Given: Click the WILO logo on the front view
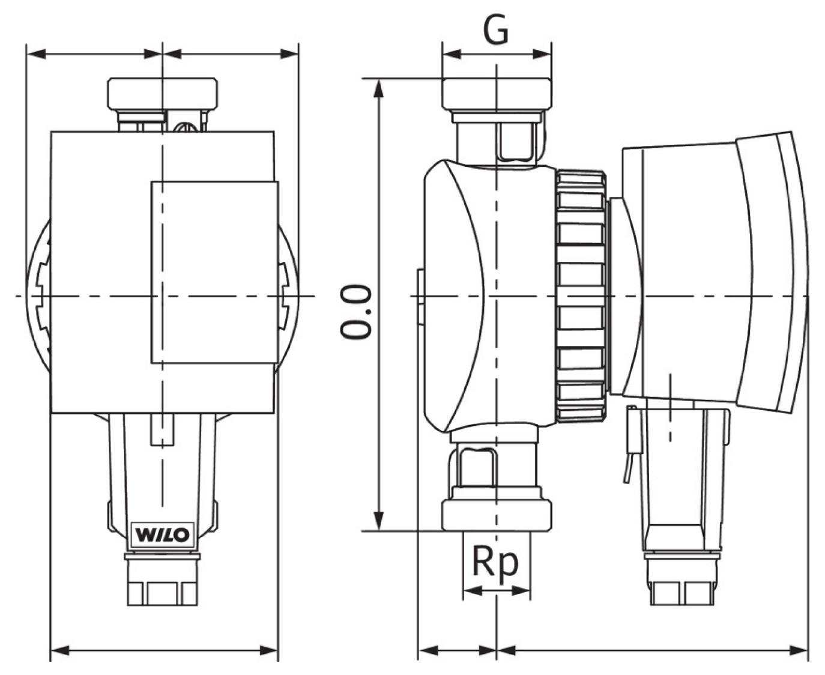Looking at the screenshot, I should (x=162, y=534).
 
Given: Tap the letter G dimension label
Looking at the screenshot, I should (x=496, y=31).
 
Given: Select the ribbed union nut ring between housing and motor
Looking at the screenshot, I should (x=580, y=295).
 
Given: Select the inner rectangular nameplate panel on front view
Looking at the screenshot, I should (x=214, y=273).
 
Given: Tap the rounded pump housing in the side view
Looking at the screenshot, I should (x=456, y=295).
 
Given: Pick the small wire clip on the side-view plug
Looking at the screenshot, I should (x=630, y=444).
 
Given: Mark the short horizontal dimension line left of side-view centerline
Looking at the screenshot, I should (x=457, y=650).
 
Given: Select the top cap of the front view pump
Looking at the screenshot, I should (x=162, y=92).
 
